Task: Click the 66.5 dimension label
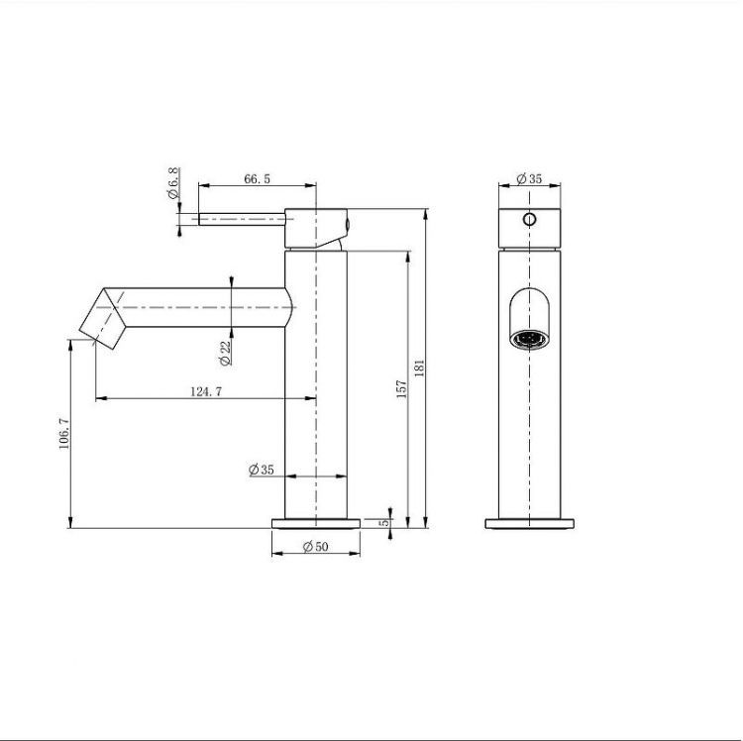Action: coord(257,178)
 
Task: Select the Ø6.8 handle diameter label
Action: coord(174,183)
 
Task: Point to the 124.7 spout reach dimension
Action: coord(205,391)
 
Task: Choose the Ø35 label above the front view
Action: coord(529,179)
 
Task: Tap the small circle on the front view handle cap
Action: coord(529,219)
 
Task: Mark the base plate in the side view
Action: coord(316,524)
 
